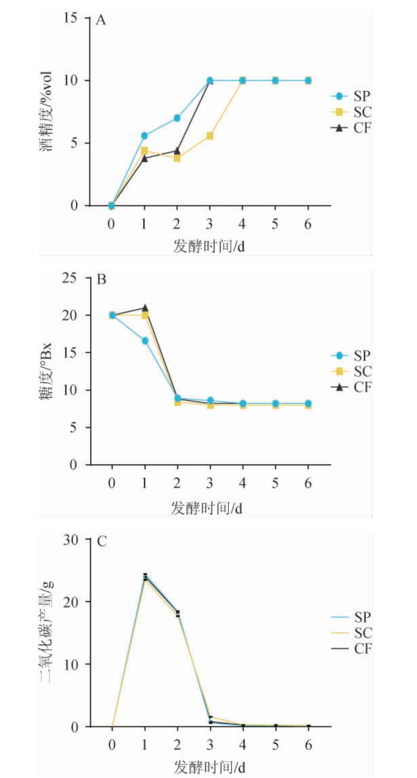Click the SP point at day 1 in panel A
144,136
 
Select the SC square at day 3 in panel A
210,136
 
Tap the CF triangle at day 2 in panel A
177,151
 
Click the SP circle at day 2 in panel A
177,118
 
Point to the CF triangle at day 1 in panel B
145,308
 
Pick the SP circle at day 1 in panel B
145,341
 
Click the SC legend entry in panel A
351,112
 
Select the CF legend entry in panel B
351,387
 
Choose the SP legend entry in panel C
351,617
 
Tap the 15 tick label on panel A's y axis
73,18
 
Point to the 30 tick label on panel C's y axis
71,539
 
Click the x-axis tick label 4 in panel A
242,224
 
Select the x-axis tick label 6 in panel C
308,745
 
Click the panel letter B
101,279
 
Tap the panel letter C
102,541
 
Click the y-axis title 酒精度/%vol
47,111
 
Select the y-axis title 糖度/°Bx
47,371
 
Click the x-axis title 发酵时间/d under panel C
209,767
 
